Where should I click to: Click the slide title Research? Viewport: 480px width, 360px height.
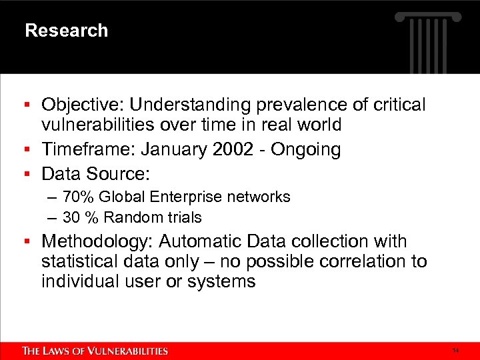tap(66, 31)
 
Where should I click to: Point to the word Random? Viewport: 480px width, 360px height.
tap(128, 218)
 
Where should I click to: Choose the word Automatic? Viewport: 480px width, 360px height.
tap(201, 241)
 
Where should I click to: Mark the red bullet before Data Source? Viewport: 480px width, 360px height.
tap(27, 175)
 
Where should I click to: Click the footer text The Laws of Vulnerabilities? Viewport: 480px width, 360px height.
tap(95, 351)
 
